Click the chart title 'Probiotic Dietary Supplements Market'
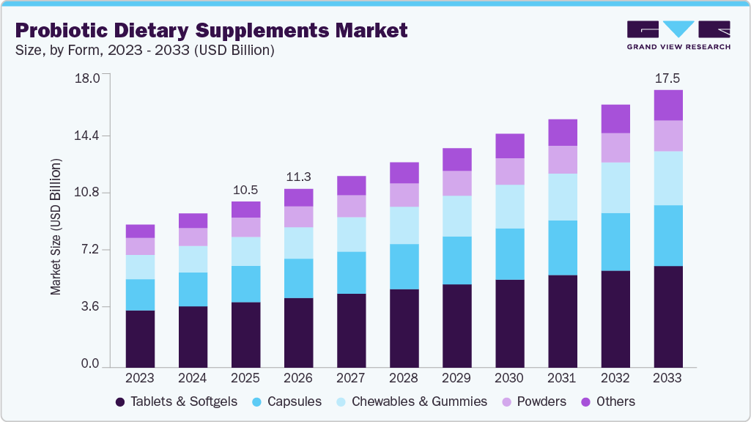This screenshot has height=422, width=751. pyautogui.click(x=211, y=31)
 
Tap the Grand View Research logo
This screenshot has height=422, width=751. pyautogui.click(x=678, y=35)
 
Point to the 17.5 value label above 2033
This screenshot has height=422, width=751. pyautogui.click(x=667, y=78)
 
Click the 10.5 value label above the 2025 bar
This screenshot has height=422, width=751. pyautogui.click(x=245, y=190)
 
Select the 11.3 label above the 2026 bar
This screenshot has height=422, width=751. pyautogui.click(x=298, y=177)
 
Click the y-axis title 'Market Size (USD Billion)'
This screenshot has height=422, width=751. pyautogui.click(x=56, y=226)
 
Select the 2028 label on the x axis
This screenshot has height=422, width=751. pyautogui.click(x=404, y=378)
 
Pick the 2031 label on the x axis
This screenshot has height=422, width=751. pyautogui.click(x=562, y=378)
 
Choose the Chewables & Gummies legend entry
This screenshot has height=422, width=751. pyautogui.click(x=412, y=401)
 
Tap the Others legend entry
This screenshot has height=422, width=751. pyautogui.click(x=608, y=401)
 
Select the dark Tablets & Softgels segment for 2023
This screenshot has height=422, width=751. pyautogui.click(x=140, y=338)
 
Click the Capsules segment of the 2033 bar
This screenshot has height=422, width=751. pyautogui.click(x=667, y=235)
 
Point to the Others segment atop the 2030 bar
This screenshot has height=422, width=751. pyautogui.click(x=509, y=146)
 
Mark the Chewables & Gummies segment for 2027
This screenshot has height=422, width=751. pyautogui.click(x=351, y=234)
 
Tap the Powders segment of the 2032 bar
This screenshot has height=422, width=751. pyautogui.click(x=615, y=147)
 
